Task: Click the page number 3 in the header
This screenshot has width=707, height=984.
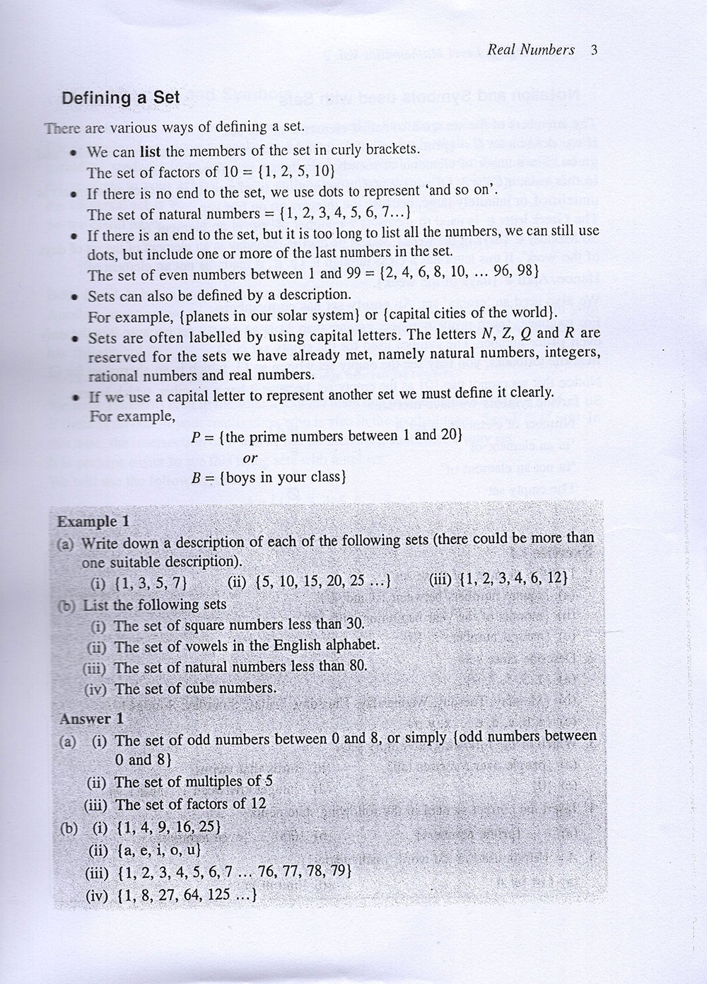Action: [594, 50]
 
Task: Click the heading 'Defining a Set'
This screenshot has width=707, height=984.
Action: [121, 98]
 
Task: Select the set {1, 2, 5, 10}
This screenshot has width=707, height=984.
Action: [288, 172]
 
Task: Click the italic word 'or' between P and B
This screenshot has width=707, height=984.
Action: [250, 458]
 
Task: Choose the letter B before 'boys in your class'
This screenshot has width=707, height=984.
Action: [197, 478]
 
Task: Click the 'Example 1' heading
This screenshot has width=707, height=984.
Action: [93, 521]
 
